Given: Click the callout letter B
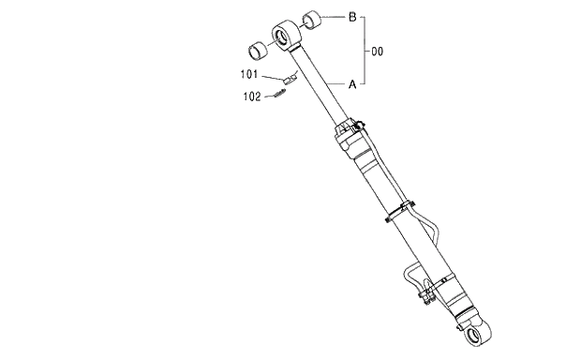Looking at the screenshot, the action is tap(351, 17).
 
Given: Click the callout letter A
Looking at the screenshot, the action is tap(351, 83).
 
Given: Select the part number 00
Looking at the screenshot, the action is tap(379, 51).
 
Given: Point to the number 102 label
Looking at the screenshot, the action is tap(251, 95).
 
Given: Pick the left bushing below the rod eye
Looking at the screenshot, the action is tap(256, 49).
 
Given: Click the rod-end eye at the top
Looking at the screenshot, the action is tap(285, 36).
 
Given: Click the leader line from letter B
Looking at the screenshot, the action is tap(334, 17).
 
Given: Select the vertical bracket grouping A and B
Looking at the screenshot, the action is tap(364, 51).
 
